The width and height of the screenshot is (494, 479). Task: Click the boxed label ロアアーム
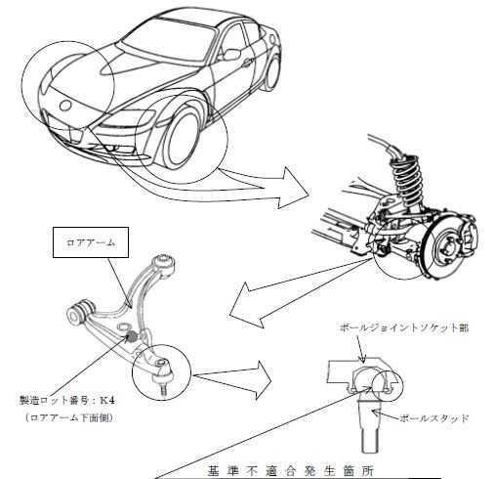click(91, 242)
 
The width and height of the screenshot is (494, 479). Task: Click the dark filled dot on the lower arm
click(131, 336)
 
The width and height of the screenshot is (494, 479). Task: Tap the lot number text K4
click(107, 401)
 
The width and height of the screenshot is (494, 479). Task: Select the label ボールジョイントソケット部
click(404, 327)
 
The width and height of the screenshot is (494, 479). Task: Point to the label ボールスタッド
click(433, 418)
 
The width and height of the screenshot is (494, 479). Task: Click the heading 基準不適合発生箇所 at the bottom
click(291, 471)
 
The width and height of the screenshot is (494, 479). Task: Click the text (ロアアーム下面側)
click(69, 417)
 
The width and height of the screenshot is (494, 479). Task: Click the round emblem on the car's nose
click(65, 106)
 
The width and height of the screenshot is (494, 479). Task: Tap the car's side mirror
click(231, 54)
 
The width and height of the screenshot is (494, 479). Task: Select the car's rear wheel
click(272, 72)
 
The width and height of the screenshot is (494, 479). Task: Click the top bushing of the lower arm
click(164, 262)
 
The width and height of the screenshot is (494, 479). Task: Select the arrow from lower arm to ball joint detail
click(232, 379)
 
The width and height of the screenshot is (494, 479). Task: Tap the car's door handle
click(248, 62)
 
